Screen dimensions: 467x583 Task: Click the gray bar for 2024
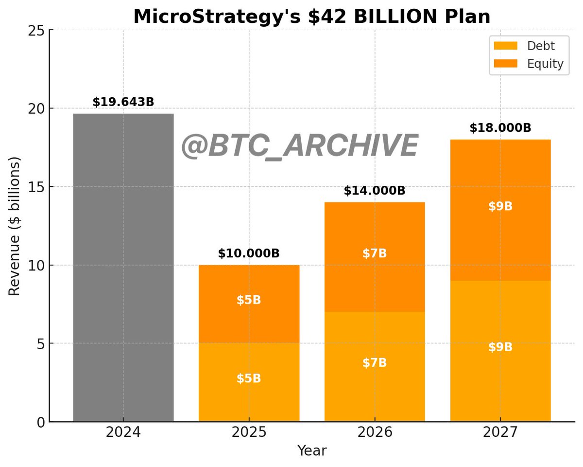(x=123, y=268)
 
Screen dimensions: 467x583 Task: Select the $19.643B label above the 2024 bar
(x=123, y=102)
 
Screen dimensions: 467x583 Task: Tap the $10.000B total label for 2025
(x=249, y=253)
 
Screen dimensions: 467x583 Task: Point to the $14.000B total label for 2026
(x=375, y=191)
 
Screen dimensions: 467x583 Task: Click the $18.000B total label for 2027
(x=500, y=128)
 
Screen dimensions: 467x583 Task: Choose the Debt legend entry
(x=530, y=46)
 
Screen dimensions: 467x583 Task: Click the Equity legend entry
(x=530, y=64)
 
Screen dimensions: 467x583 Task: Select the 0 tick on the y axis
(x=41, y=422)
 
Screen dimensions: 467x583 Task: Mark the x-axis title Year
(x=312, y=451)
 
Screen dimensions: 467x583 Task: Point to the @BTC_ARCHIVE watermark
(x=299, y=146)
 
